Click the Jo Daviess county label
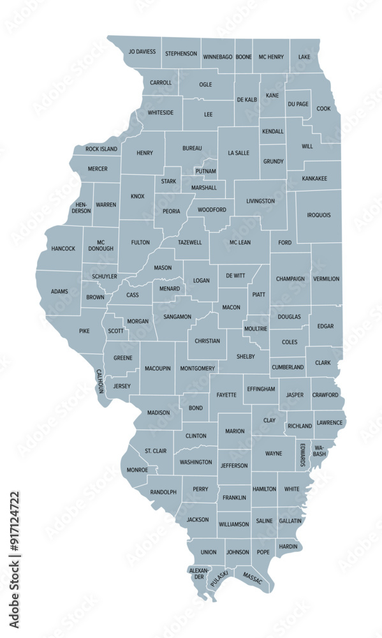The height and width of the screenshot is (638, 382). (142, 52)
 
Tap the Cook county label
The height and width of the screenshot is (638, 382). (324, 108)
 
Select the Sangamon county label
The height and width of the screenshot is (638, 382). (177, 316)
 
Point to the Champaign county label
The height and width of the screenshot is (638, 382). (290, 279)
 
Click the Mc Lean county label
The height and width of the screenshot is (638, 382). (240, 242)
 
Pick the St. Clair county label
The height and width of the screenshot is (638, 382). (156, 451)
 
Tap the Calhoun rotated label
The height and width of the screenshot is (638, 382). (99, 381)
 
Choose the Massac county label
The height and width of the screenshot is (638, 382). (253, 579)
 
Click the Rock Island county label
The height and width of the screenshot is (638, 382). (102, 149)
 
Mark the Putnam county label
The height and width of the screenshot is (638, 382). (206, 171)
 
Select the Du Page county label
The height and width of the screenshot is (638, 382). (298, 104)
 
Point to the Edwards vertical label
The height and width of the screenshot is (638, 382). (302, 454)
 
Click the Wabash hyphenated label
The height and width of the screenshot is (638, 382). (319, 451)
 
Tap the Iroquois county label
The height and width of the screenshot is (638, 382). (319, 215)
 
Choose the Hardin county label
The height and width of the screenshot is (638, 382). (288, 546)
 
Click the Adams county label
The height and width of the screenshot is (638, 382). (59, 292)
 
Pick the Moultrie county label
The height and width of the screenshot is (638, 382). (256, 328)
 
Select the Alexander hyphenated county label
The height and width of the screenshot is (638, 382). (198, 572)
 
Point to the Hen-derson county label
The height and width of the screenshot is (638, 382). (81, 207)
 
